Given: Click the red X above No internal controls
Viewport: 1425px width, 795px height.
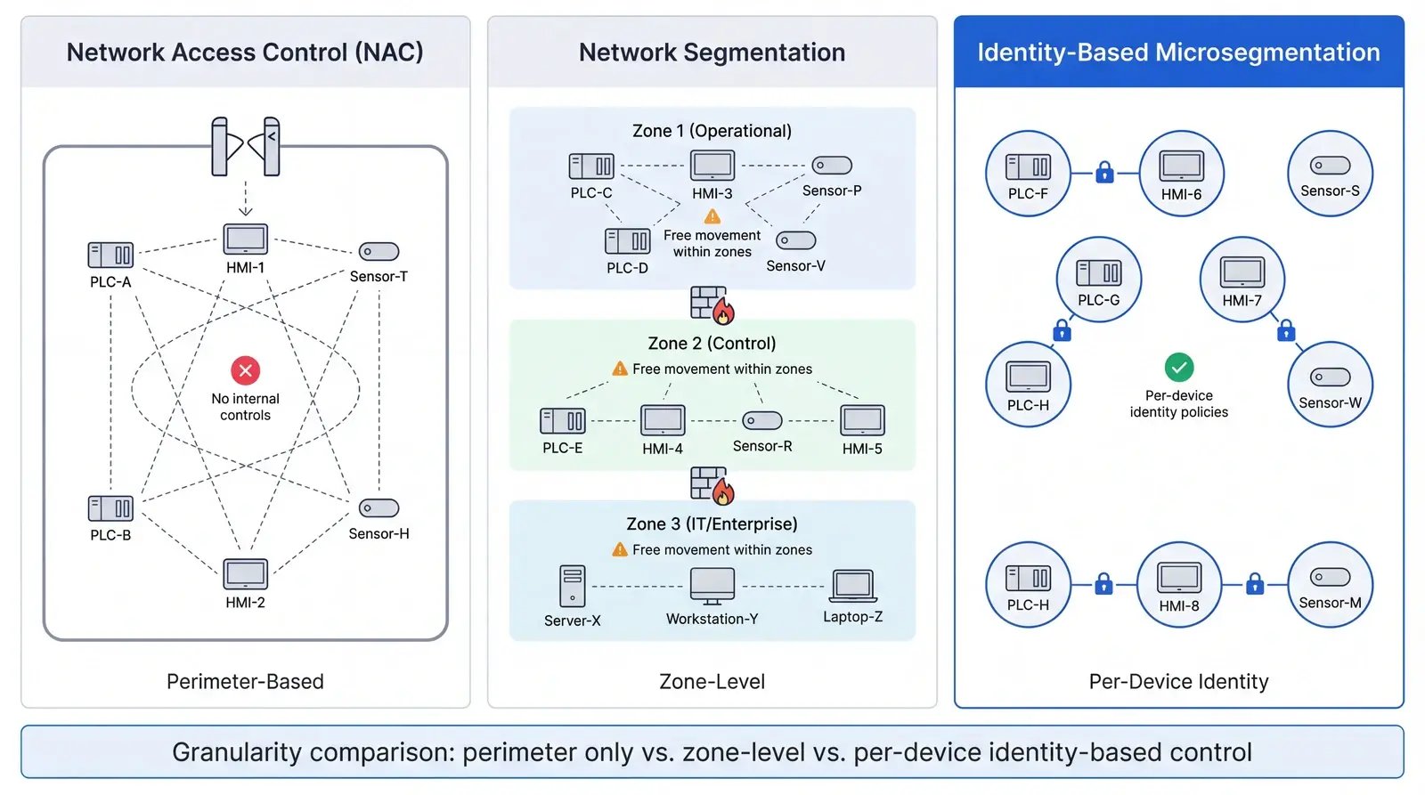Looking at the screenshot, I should tap(245, 369).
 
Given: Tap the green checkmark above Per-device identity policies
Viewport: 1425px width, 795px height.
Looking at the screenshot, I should tap(1178, 367).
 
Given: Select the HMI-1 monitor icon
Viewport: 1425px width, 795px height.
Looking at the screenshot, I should tap(245, 239).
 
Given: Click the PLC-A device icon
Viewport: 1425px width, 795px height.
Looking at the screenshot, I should tap(110, 256).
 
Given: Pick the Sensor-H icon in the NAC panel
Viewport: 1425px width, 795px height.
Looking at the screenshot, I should tap(379, 508).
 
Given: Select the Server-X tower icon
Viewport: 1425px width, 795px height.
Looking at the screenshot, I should tap(572, 586).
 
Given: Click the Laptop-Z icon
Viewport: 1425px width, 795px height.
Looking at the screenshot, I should tap(853, 587).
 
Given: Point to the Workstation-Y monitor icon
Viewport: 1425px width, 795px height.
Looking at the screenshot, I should tap(712, 586).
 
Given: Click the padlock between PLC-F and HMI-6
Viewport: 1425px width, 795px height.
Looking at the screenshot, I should tap(1104, 172).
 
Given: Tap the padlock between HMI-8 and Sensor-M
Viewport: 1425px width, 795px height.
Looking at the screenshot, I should tap(1255, 584).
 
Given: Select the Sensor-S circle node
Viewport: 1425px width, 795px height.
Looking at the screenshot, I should tap(1330, 174).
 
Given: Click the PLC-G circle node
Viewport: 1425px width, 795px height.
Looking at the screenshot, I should tap(1098, 280).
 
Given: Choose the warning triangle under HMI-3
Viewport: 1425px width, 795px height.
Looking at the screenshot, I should tap(712, 216).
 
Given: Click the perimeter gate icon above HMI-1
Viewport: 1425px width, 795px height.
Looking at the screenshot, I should tap(246, 146).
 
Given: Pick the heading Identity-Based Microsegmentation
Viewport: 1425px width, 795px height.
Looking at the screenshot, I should tap(1178, 53).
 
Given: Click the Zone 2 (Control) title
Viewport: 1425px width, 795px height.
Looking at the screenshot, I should tap(712, 344).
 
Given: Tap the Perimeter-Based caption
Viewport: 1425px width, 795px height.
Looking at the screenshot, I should tap(245, 681).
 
